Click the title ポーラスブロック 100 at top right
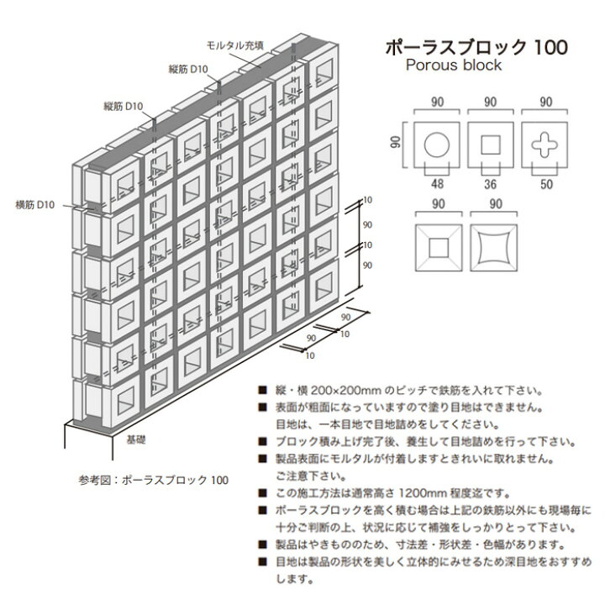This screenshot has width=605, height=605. (x=476, y=47)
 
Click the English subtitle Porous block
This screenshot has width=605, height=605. (x=454, y=66)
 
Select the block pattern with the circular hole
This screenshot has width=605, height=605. (x=437, y=145)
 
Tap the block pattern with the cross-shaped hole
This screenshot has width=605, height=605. (x=544, y=145)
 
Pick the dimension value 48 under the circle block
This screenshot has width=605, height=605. (x=437, y=184)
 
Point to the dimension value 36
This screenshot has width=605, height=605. (x=490, y=184)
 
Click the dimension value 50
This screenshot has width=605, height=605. (x=546, y=184)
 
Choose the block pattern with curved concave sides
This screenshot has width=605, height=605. (x=494, y=248)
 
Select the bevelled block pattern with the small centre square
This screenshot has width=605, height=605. (x=439, y=248)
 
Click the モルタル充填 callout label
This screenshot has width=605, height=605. (x=235, y=45)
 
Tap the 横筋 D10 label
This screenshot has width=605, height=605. (x=34, y=205)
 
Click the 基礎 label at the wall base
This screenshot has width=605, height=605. (x=136, y=439)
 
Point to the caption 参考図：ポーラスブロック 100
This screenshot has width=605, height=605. (x=154, y=480)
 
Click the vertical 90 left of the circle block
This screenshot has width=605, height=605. (x=395, y=142)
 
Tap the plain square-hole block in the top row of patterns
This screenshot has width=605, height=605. (x=491, y=145)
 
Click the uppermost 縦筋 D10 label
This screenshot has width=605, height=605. (x=188, y=69)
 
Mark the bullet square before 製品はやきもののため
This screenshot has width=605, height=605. (x=263, y=544)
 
